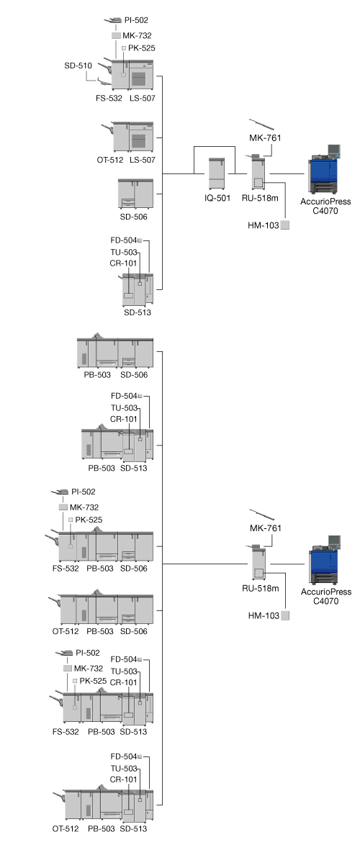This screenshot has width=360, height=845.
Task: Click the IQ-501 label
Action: pos(217,199)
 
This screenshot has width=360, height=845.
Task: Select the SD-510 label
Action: pos(78,65)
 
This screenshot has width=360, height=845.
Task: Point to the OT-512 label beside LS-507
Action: pos(110,160)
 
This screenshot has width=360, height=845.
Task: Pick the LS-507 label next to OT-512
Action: pos(143,160)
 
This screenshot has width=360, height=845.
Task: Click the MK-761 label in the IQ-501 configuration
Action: pos(265,138)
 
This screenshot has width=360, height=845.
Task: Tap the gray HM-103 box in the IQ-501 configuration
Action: pos(285,225)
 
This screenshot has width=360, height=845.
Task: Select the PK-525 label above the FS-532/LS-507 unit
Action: pos(142,48)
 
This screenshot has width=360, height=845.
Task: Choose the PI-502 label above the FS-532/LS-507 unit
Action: pos(136,20)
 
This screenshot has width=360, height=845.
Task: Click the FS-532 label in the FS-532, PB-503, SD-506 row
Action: pos(66,568)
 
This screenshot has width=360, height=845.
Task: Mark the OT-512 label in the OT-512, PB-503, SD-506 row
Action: pos(66,631)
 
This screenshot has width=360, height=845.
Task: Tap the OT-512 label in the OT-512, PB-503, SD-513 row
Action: pos(66,828)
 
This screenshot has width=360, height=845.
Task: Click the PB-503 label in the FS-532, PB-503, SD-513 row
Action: pos(102,731)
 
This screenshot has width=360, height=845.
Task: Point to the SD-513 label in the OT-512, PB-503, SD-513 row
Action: pos(134,828)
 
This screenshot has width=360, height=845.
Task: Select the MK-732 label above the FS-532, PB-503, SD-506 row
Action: pos(84,507)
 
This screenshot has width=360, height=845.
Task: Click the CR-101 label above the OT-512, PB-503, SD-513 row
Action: pos(123,779)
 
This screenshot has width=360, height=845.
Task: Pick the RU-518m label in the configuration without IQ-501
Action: pos(261,588)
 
